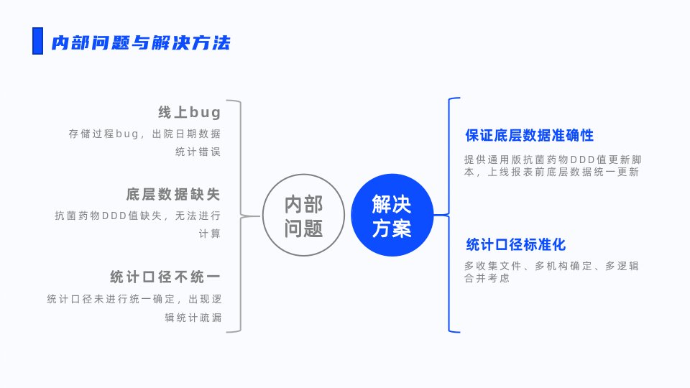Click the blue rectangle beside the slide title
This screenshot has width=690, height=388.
38,41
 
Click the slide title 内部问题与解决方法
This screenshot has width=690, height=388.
141,42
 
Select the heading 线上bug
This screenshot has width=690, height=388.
189,112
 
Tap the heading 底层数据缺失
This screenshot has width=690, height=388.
173,194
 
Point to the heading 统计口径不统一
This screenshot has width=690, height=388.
165,277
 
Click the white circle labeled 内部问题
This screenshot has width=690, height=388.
303,215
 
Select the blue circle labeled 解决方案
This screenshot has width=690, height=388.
392,215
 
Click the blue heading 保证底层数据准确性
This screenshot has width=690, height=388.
530,136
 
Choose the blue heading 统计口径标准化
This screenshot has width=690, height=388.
516,244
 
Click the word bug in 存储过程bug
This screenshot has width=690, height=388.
127,134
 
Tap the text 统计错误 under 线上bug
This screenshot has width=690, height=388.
198,152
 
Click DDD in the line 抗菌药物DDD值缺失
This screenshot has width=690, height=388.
114,216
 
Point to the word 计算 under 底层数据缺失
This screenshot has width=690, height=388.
209,234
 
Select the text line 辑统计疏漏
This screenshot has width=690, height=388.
193,318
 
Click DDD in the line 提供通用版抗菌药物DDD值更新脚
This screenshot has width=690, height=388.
583,160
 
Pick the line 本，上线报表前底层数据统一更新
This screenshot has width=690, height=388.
551,172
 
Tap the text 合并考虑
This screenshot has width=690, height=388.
487,278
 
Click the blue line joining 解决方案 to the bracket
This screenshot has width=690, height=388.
440,215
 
